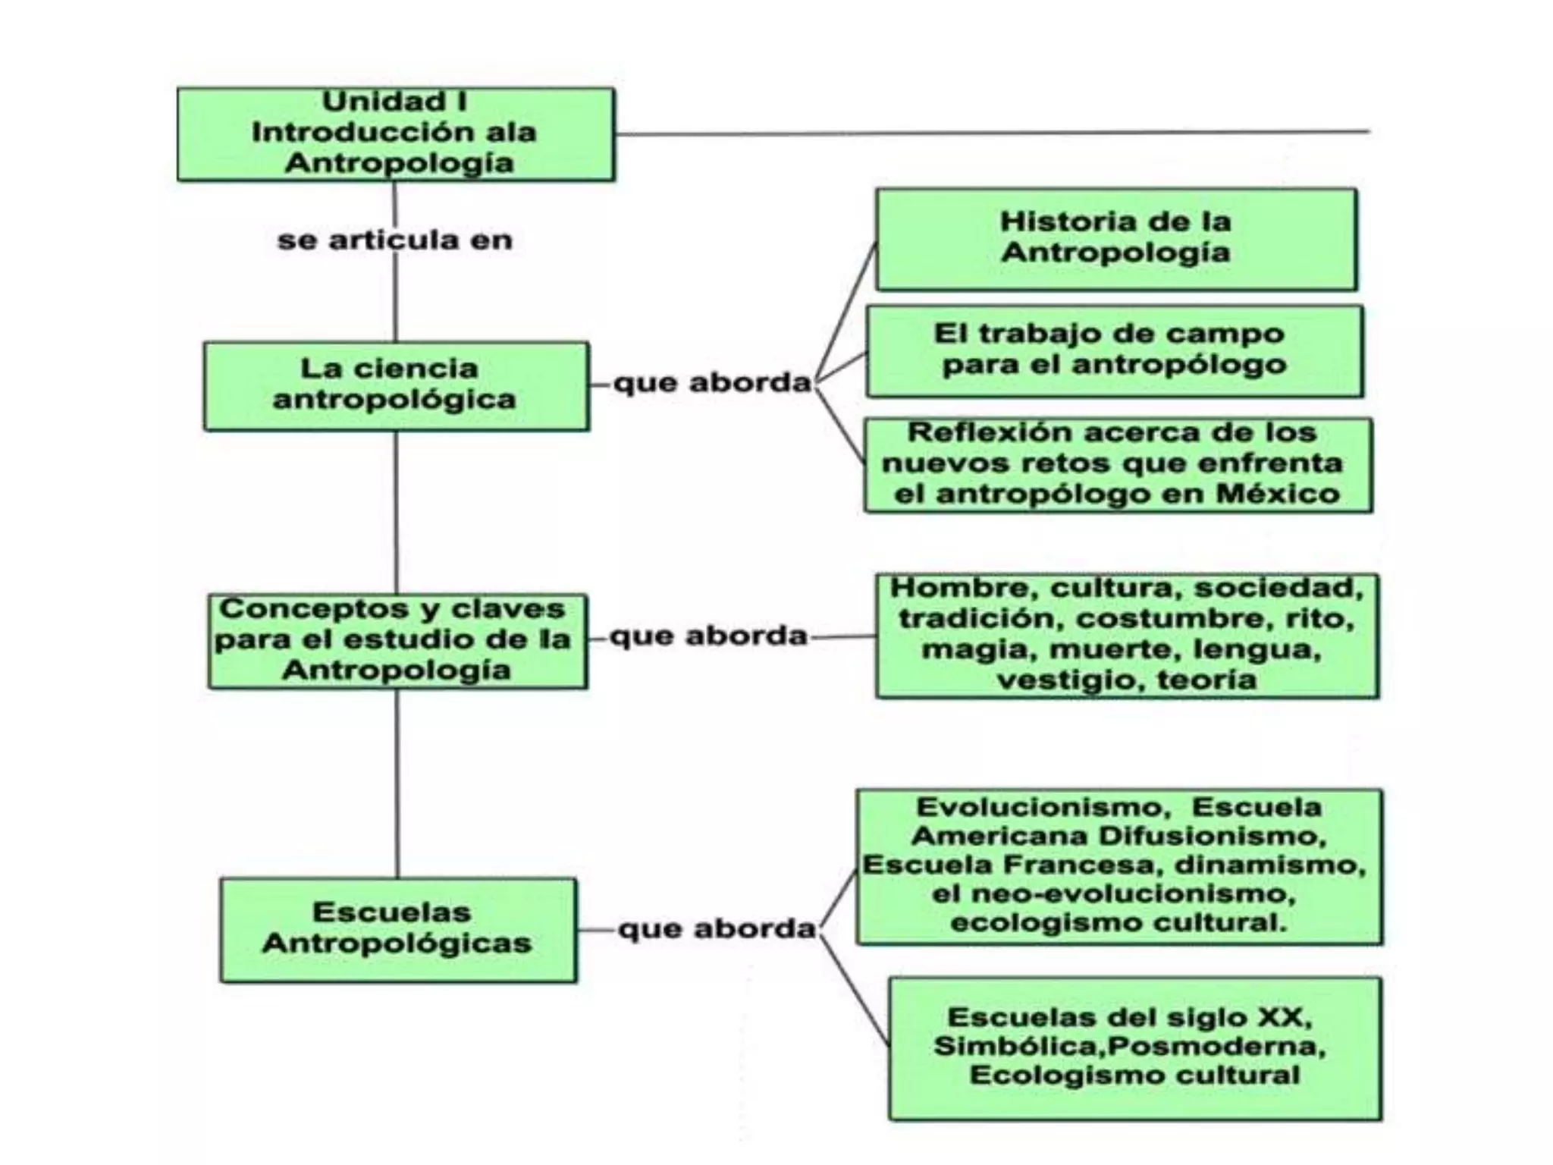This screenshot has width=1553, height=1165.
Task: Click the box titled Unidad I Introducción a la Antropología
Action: click(x=396, y=134)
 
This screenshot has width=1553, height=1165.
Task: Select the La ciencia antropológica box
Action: click(x=396, y=386)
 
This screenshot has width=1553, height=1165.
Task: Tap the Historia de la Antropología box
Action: click(x=1115, y=239)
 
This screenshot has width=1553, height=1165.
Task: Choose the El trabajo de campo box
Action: click(x=1114, y=350)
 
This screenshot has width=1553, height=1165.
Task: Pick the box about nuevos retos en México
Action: click(x=1118, y=465)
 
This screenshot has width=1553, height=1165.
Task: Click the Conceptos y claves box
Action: click(x=397, y=641)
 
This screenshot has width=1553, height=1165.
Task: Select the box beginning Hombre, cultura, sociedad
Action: click(x=1127, y=635)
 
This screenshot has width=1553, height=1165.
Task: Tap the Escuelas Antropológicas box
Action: click(x=398, y=929)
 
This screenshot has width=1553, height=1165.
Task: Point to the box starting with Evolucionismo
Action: click(x=1119, y=866)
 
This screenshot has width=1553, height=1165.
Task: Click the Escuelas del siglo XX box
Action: click(x=1134, y=1047)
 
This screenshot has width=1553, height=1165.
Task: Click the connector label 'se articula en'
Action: click(x=395, y=240)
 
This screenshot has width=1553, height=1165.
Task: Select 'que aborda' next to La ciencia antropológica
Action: click(x=712, y=383)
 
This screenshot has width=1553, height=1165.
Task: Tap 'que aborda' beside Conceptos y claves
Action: click(x=709, y=636)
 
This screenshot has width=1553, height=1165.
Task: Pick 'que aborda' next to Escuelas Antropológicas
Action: click(x=717, y=928)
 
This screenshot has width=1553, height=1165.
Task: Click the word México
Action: click(x=1278, y=495)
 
